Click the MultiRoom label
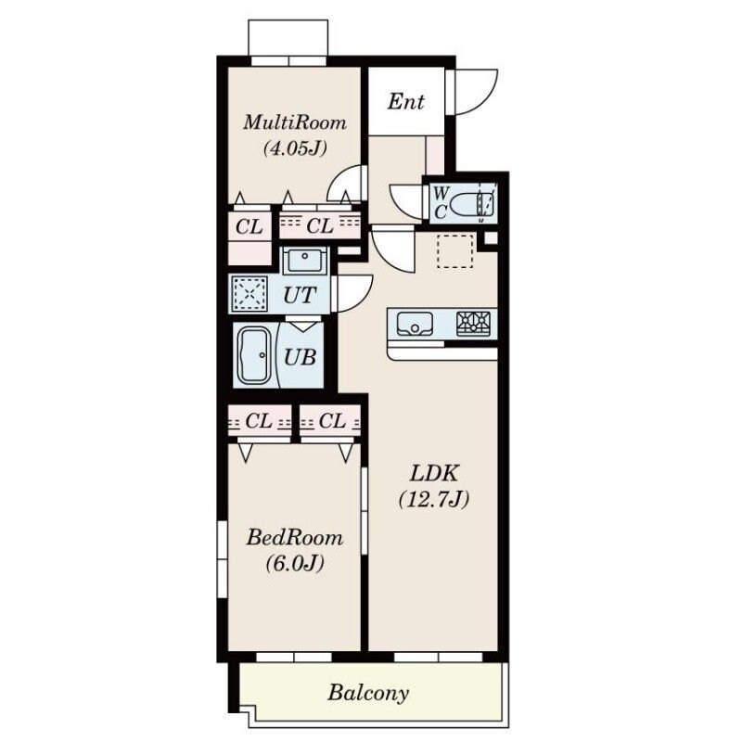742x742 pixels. click(295, 123)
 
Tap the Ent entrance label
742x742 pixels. click(406, 101)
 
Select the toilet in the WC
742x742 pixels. click(472, 204)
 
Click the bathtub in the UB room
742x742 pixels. click(253, 355)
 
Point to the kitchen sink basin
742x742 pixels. click(415, 324)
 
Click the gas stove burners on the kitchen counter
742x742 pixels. click(474, 324)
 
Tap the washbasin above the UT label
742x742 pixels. click(304, 261)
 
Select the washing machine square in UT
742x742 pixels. click(249, 294)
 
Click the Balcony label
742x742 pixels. click(368, 693)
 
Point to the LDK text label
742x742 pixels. click(434, 473)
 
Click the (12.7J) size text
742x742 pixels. click(434, 499)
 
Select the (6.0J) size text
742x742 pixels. click(295, 564)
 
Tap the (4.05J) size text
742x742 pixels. click(295, 149)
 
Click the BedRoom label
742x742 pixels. click(294, 538)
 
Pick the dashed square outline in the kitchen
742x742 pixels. click(455, 251)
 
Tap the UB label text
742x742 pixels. click(300, 357)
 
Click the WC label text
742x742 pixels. click(441, 203)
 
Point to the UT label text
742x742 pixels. click(300, 295)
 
